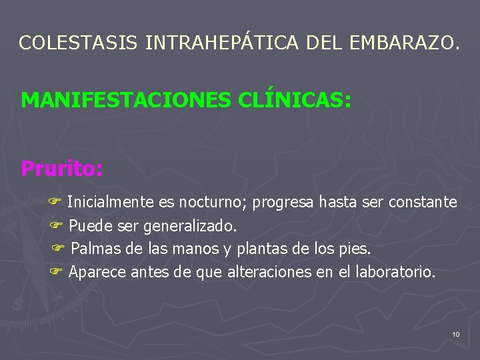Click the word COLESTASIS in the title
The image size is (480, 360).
coord(79,43)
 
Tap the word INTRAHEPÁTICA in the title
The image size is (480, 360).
coord(223,43)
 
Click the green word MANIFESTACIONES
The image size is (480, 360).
coord(127,100)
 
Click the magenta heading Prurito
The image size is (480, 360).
coord(61,168)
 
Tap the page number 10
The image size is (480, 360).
coord(455,333)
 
